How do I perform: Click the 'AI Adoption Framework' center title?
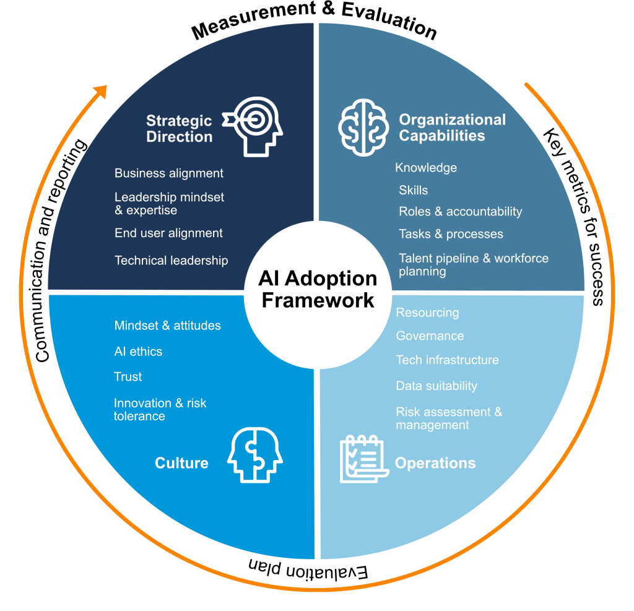pyautogui.click(x=317, y=289)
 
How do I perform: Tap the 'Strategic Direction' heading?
pyautogui.click(x=179, y=129)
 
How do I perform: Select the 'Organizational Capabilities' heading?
pyautogui.click(x=452, y=128)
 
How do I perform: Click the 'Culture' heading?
pyautogui.click(x=181, y=463)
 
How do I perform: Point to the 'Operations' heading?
pyautogui.click(x=435, y=463)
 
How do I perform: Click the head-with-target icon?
pyautogui.click(x=253, y=126)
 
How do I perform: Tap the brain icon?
pyautogui.click(x=363, y=126)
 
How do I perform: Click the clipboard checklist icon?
pyautogui.click(x=363, y=459)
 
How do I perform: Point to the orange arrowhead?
pyautogui.click(x=98, y=92)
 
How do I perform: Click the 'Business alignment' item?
pyautogui.click(x=169, y=173)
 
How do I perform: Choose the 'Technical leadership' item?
pyautogui.click(x=172, y=261)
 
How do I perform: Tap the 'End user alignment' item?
pyautogui.click(x=168, y=233)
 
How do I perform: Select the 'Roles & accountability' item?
pyautogui.click(x=460, y=212)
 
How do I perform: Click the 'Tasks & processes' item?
pyautogui.click(x=451, y=234)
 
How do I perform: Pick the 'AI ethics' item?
pyautogui.click(x=138, y=352)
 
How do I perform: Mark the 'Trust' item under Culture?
pyautogui.click(x=128, y=377)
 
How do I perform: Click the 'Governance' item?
pyautogui.click(x=430, y=336)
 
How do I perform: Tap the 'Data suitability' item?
pyautogui.click(x=436, y=386)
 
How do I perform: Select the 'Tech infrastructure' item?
pyautogui.click(x=447, y=360)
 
